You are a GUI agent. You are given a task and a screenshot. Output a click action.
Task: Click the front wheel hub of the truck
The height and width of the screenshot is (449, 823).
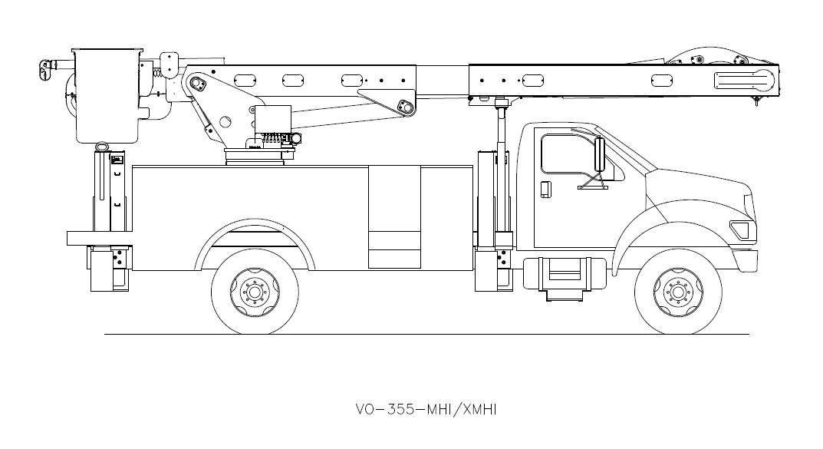678,292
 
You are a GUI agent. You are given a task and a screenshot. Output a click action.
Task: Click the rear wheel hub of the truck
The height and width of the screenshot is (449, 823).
255,292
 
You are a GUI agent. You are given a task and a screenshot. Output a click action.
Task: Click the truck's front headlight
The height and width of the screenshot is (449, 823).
739,229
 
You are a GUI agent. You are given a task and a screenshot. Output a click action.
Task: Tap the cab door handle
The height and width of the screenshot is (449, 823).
545,189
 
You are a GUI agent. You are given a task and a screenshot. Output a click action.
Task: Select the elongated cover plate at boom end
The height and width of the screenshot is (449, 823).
744,79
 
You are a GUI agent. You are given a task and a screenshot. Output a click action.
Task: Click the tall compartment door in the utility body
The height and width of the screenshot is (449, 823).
393,216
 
